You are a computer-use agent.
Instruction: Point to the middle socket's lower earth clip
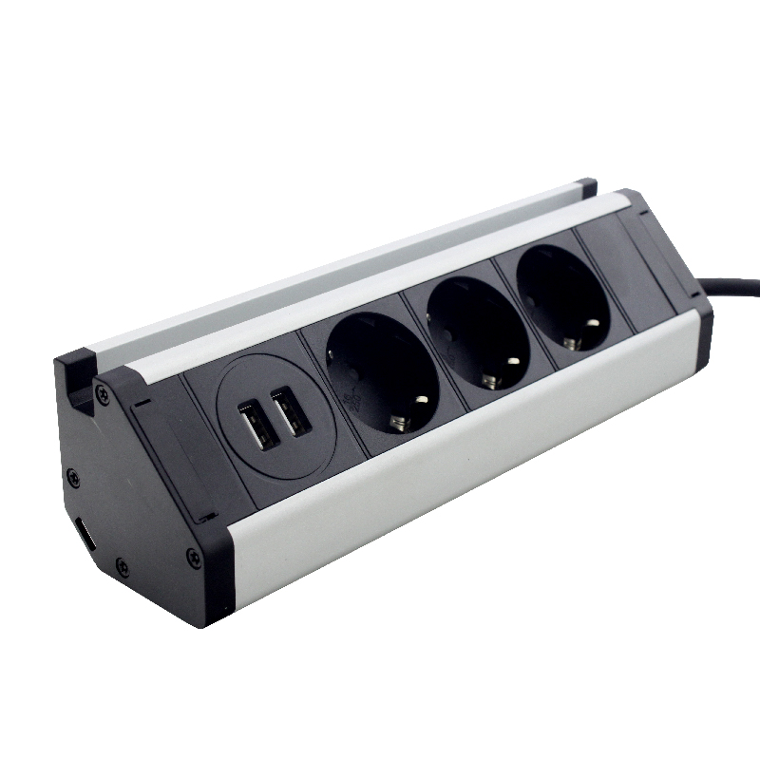coord(491,382)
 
